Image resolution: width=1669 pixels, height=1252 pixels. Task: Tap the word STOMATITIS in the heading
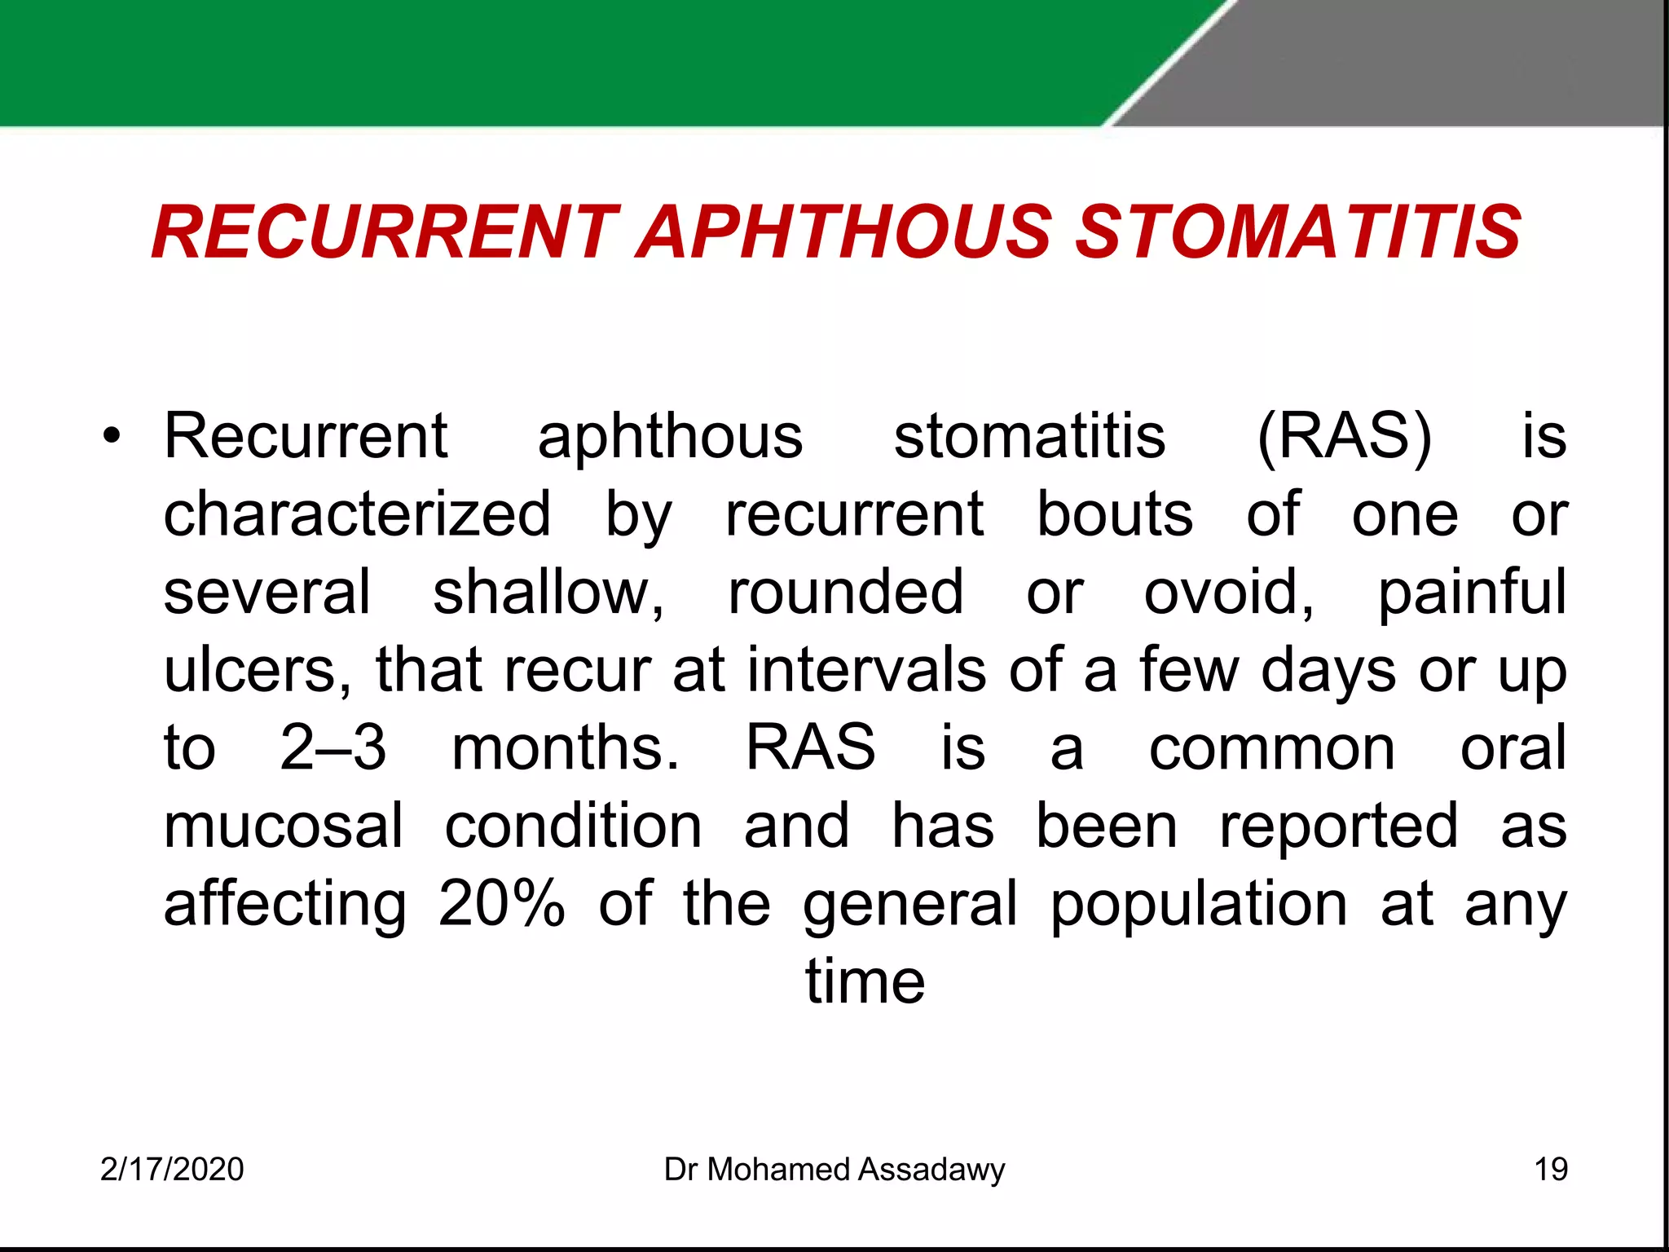pyautogui.click(x=1298, y=233)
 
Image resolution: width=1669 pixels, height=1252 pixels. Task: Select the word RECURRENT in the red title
pyautogui.click(x=385, y=233)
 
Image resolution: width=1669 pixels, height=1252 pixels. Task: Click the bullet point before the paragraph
pyautogui.click(x=112, y=437)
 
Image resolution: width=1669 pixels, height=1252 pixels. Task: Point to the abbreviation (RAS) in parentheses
pyautogui.click(x=1344, y=438)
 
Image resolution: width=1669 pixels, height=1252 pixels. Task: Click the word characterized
pyautogui.click(x=357, y=514)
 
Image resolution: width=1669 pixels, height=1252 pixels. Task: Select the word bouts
pyautogui.click(x=1114, y=514)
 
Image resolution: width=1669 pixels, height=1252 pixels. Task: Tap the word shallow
pyautogui.click(x=548, y=593)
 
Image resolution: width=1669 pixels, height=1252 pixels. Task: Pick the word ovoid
pyautogui.click(x=1228, y=593)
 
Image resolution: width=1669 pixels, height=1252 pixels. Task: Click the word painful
pyautogui.click(x=1471, y=593)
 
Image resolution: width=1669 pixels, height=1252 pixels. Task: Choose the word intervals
pyautogui.click(x=866, y=670)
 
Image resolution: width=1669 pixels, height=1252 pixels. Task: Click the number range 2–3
pyautogui.click(x=332, y=748)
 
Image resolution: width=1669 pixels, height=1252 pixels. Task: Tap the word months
pyautogui.click(x=565, y=748)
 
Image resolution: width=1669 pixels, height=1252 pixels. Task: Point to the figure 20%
pyautogui.click(x=501, y=904)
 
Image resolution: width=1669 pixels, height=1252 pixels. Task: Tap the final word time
pyautogui.click(x=865, y=981)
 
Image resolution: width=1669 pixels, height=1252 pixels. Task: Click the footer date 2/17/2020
pyautogui.click(x=172, y=1170)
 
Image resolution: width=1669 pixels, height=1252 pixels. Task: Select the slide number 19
pyautogui.click(x=1550, y=1170)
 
